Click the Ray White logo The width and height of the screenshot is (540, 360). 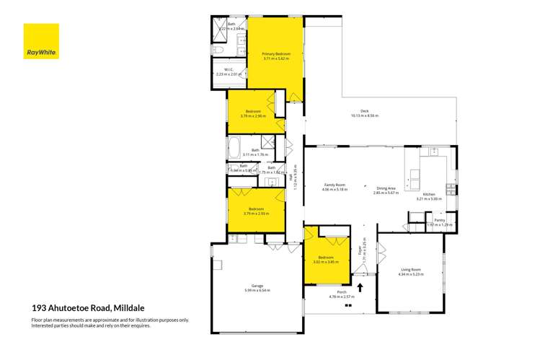41,41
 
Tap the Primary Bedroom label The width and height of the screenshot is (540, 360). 275,53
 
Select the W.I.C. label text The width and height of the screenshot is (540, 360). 227,69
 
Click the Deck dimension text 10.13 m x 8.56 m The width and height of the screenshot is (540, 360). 364,115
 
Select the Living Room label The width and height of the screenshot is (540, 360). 410,269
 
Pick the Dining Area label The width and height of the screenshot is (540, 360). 386,188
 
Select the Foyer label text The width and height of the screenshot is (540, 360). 360,251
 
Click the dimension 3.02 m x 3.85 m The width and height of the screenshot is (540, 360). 326,261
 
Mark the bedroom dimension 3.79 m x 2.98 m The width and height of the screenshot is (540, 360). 255,115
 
